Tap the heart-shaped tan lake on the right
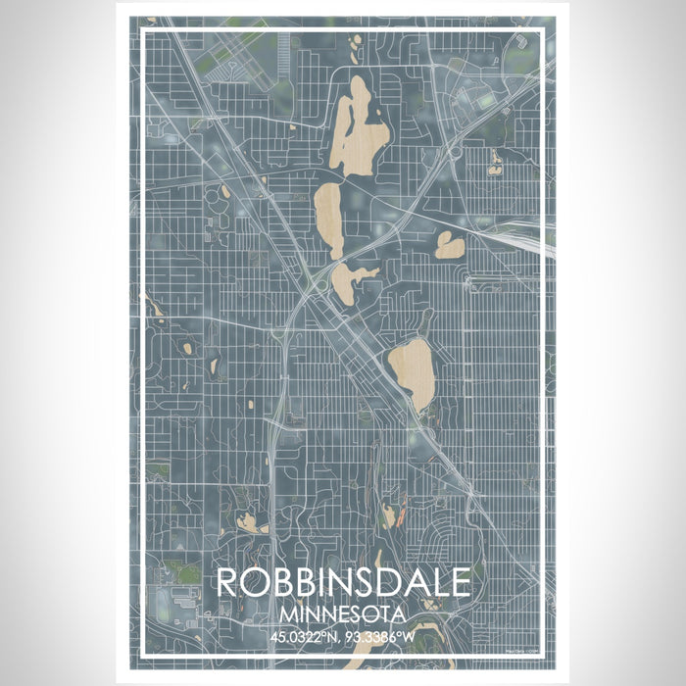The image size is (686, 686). pos(450,245)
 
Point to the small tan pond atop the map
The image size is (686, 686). pos(357,40)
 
